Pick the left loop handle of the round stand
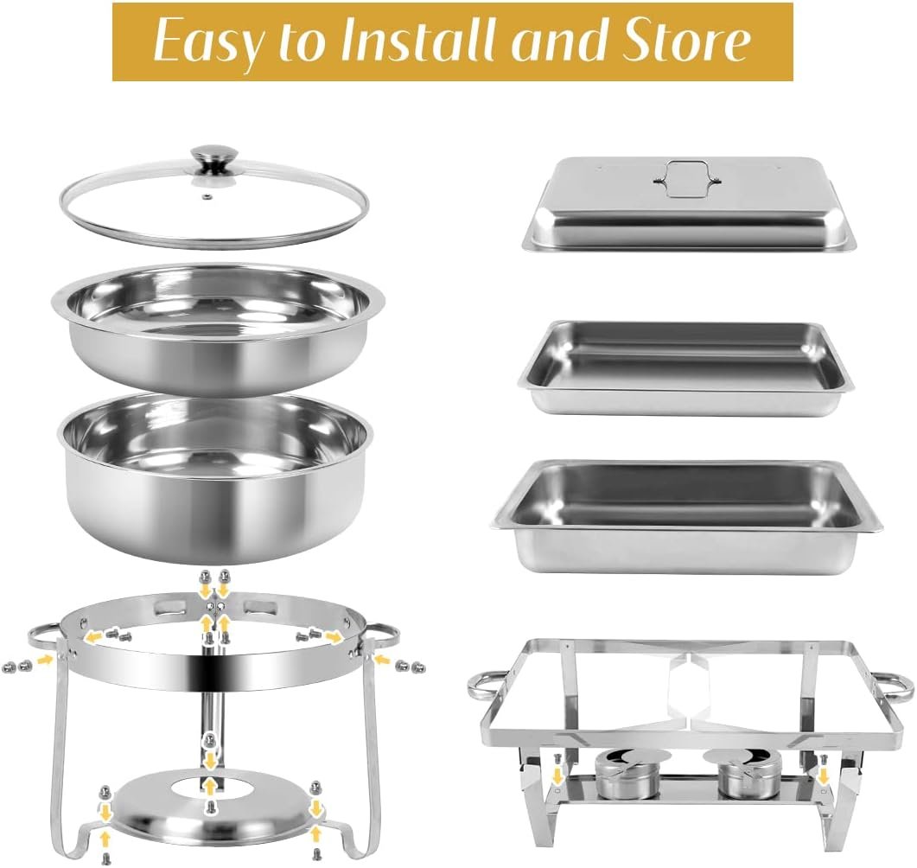43,638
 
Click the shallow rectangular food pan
685,367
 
